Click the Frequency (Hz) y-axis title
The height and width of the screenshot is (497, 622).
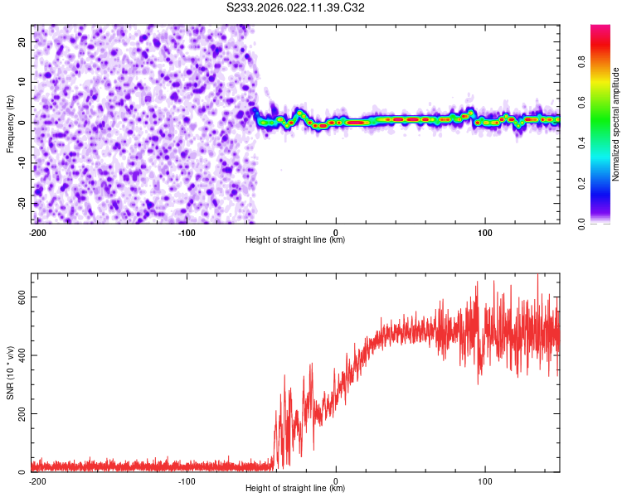pos(11,123)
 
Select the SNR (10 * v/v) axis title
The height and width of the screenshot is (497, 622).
pos(11,372)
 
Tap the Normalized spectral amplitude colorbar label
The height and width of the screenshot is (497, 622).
pos(615,125)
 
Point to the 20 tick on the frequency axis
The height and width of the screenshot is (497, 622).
pos(22,41)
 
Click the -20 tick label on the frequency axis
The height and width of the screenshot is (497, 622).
pos(21,203)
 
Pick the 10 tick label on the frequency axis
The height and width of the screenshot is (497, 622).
pos(22,81)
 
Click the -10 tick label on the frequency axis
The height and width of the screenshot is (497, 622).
pos(21,162)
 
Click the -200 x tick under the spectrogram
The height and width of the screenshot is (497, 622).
pos(36,231)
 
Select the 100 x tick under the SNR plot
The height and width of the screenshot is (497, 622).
pos(485,480)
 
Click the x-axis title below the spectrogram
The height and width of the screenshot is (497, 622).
pos(295,240)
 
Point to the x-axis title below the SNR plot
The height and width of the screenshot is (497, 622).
pos(295,489)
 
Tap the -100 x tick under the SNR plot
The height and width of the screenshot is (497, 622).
pos(187,480)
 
